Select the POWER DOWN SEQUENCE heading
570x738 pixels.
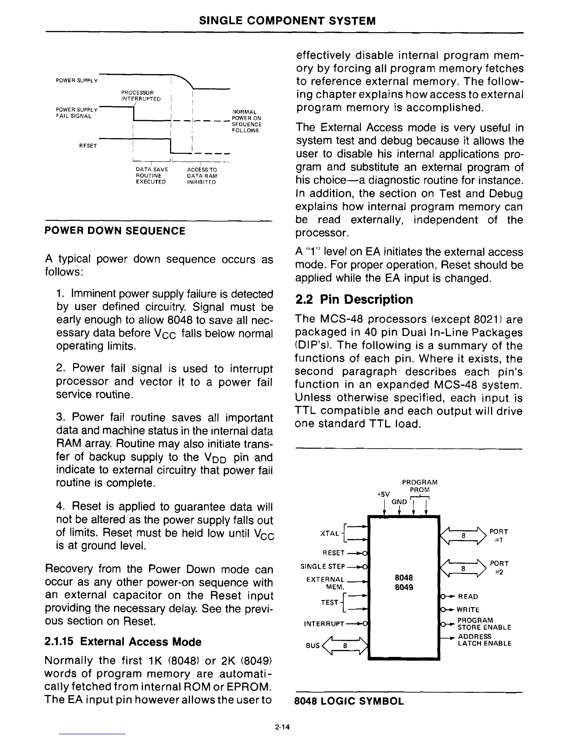[x=115, y=231]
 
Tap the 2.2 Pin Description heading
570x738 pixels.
[x=354, y=299]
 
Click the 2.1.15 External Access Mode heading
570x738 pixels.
[x=123, y=642]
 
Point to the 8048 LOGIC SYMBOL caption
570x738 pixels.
[x=349, y=701]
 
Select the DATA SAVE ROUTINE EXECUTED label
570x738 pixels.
[x=150, y=176]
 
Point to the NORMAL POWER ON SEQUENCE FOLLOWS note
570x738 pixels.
[x=246, y=121]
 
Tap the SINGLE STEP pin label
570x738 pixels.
[x=322, y=567]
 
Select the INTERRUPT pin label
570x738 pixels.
[x=323, y=623]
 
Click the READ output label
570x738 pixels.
[x=468, y=596]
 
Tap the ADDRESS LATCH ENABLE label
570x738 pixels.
[x=484, y=640]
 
